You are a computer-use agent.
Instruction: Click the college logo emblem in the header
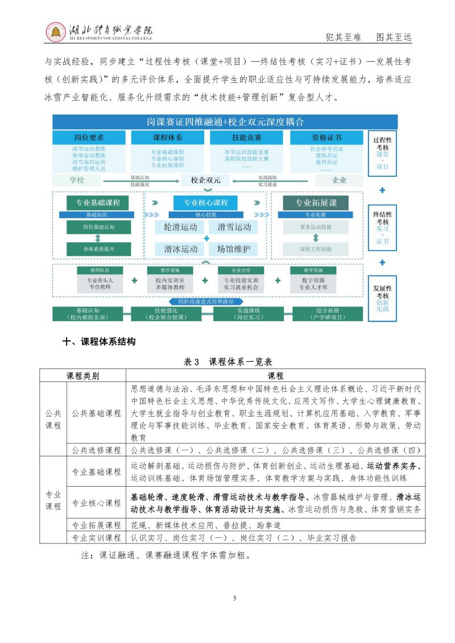click(56, 32)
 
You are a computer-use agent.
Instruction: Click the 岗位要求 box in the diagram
click(89, 138)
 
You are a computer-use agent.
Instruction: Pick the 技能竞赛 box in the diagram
click(246, 138)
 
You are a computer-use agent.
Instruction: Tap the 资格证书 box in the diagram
click(326, 138)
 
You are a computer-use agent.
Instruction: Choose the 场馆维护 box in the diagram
click(233, 248)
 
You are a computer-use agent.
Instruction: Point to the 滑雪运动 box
click(233, 227)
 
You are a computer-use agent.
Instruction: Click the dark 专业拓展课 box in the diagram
click(315, 203)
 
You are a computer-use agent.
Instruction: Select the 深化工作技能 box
click(315, 248)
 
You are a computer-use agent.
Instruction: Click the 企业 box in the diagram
click(339, 180)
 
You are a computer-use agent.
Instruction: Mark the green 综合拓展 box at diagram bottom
click(327, 314)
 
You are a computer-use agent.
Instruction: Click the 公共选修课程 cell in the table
click(96, 450)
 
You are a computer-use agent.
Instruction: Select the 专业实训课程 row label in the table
click(96, 537)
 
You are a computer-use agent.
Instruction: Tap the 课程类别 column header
click(83, 376)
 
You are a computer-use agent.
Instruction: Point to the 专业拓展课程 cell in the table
click(96, 525)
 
